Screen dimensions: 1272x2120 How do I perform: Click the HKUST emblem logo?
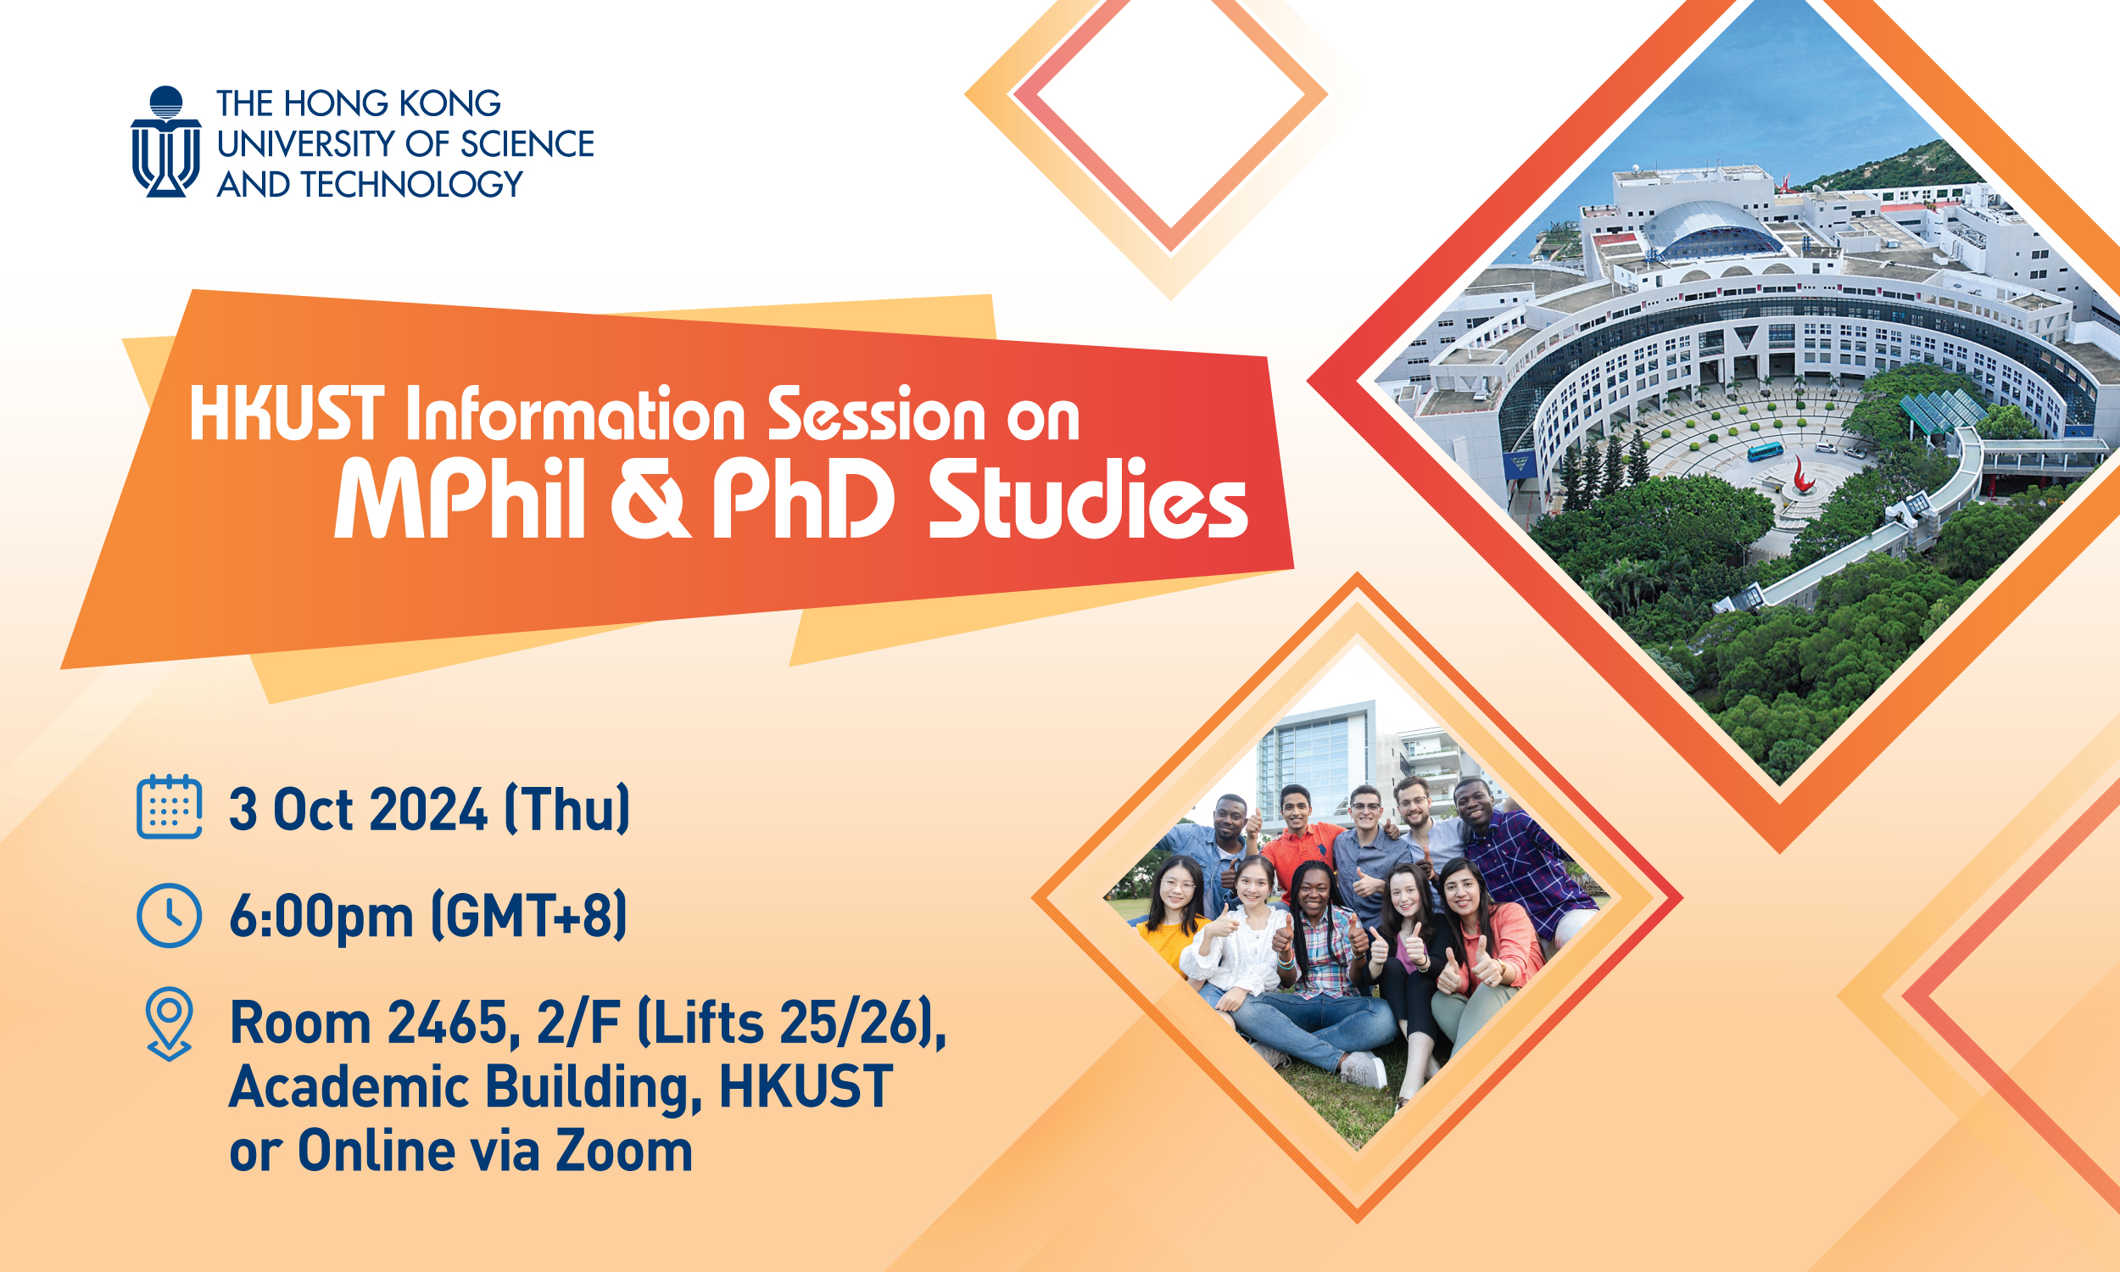(x=166, y=142)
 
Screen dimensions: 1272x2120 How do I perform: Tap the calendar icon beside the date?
(x=169, y=806)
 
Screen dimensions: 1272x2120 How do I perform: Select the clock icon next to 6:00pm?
(x=169, y=916)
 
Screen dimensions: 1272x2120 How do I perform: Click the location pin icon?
(x=169, y=1023)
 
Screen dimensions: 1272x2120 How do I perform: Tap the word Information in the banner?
(x=574, y=415)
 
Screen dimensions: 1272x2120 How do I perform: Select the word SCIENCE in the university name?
(x=526, y=144)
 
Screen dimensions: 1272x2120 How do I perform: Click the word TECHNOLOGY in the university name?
(x=410, y=184)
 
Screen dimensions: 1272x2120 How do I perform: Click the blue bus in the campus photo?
(x=1765, y=451)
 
